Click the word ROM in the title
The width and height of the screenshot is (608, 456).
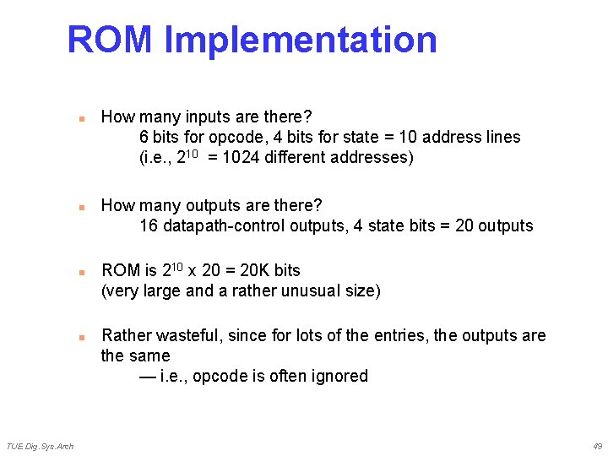pyautogui.click(x=110, y=40)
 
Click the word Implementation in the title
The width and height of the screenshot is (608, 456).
pyautogui.click(x=301, y=40)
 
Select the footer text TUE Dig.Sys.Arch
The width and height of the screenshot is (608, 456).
pyautogui.click(x=40, y=446)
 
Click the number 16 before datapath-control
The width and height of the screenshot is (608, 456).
pyautogui.click(x=149, y=225)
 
